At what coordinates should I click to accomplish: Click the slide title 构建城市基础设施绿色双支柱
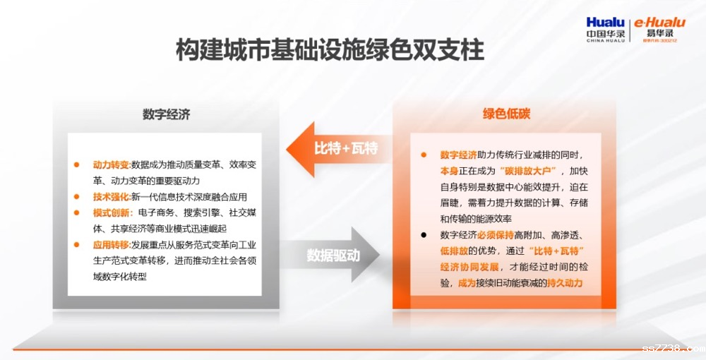(330, 49)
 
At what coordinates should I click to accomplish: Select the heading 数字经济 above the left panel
(167, 114)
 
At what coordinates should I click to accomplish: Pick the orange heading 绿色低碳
(506, 114)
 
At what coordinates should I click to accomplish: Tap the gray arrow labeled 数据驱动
(333, 255)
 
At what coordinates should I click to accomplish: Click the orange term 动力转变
(111, 164)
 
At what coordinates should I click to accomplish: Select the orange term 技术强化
(111, 197)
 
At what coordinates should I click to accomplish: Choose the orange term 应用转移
(111, 245)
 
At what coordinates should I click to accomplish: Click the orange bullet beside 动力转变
(76, 164)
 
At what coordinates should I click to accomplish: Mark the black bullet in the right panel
(423, 235)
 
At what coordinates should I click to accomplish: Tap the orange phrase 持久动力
(565, 283)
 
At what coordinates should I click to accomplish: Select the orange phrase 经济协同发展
(469, 267)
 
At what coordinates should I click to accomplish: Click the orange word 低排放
(454, 251)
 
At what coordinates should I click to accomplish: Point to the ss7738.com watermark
(674, 348)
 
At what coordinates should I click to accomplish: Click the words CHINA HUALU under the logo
(606, 40)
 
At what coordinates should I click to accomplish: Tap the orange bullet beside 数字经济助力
(423, 155)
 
